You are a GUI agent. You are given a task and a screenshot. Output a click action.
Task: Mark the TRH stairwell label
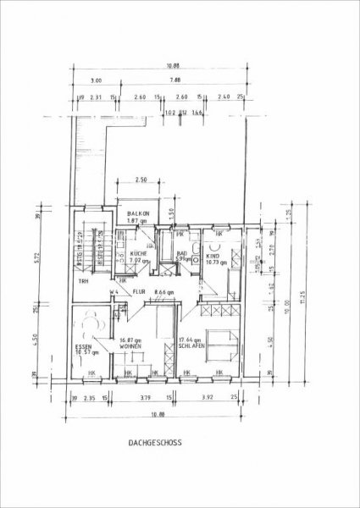83,281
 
